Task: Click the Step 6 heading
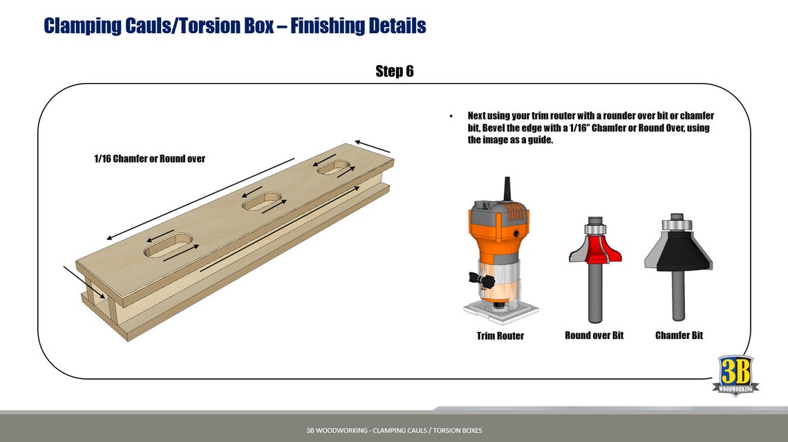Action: [x=394, y=71]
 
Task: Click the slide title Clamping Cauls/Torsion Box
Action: [x=234, y=26]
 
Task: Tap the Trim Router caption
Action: [x=500, y=336]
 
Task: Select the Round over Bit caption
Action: [x=594, y=335]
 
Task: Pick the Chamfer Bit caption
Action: [x=679, y=335]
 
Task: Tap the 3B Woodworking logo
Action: [x=735, y=375]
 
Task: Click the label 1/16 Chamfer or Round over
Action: [x=149, y=158]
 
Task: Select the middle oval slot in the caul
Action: [x=262, y=203]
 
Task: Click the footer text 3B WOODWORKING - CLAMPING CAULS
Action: [x=394, y=430]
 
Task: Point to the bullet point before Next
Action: [x=451, y=116]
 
